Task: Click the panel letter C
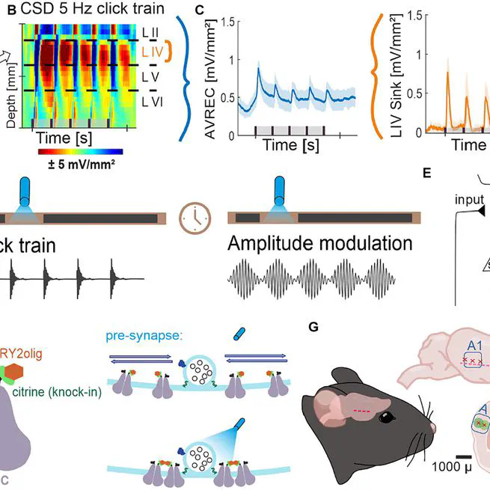click(x=197, y=10)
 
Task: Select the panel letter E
click(x=427, y=173)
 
